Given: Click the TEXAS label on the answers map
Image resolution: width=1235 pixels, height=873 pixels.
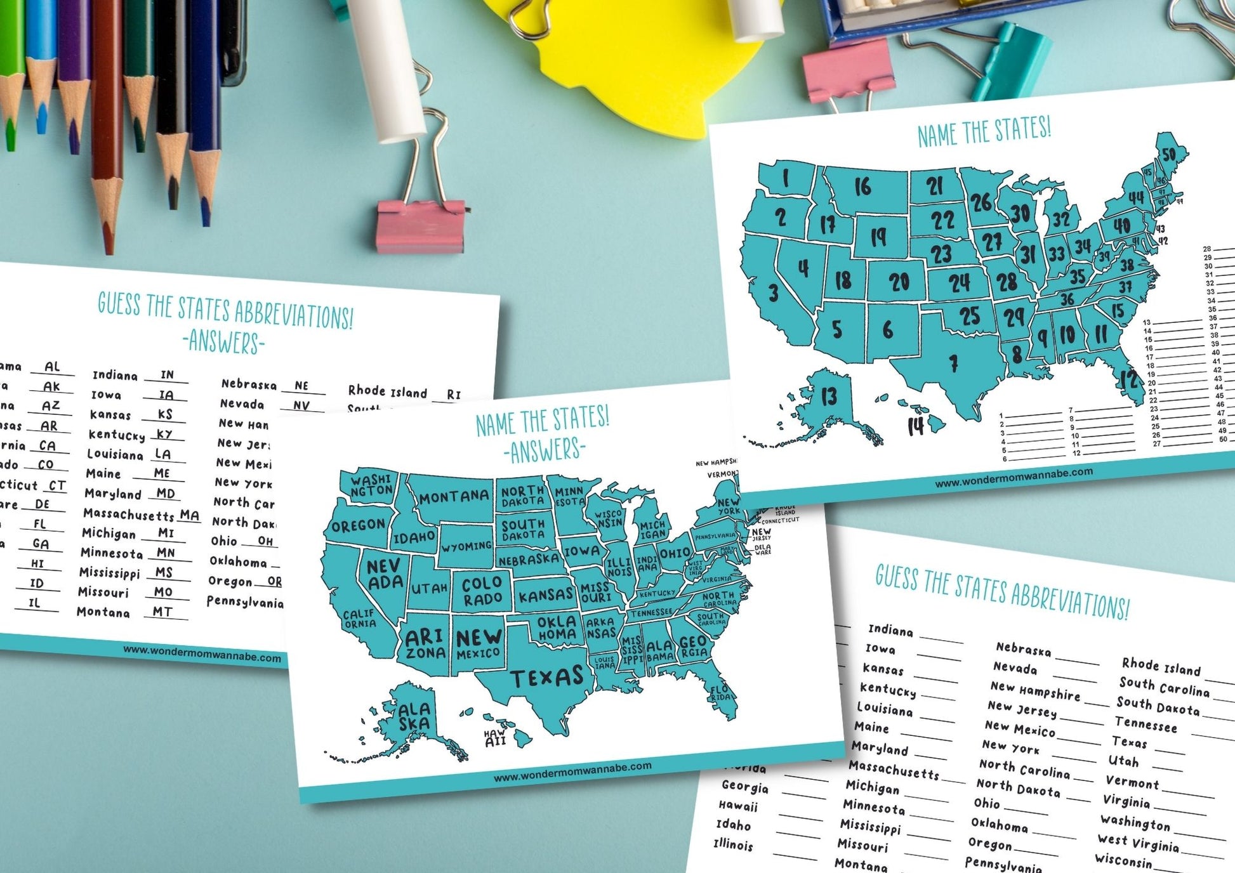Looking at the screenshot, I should click(x=546, y=677).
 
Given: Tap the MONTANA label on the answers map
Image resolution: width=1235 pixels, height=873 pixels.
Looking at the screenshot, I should click(x=454, y=497).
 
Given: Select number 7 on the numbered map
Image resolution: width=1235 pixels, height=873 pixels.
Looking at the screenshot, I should click(x=953, y=364).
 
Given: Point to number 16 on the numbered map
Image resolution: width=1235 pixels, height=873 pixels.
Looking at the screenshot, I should click(x=862, y=187).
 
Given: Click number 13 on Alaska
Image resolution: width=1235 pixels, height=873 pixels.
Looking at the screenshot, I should click(x=829, y=397).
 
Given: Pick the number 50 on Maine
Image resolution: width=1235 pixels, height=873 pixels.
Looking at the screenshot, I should click(x=1168, y=155).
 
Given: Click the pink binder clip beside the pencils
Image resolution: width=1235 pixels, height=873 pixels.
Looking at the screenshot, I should click(x=419, y=225).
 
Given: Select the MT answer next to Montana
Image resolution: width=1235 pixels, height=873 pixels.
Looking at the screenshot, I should click(x=162, y=612).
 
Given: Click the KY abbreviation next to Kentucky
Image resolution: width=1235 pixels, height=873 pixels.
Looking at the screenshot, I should click(x=165, y=434).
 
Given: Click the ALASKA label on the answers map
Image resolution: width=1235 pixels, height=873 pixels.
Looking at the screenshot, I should click(x=414, y=716).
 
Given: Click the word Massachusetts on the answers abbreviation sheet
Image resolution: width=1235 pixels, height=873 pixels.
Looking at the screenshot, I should click(x=128, y=514).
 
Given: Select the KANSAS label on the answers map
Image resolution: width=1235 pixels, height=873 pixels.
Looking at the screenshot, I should click(x=546, y=595).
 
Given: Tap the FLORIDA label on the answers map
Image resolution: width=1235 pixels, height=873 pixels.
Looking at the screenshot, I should click(x=720, y=692).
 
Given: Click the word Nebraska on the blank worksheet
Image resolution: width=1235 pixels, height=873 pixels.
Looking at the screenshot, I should click(x=1022, y=650).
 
